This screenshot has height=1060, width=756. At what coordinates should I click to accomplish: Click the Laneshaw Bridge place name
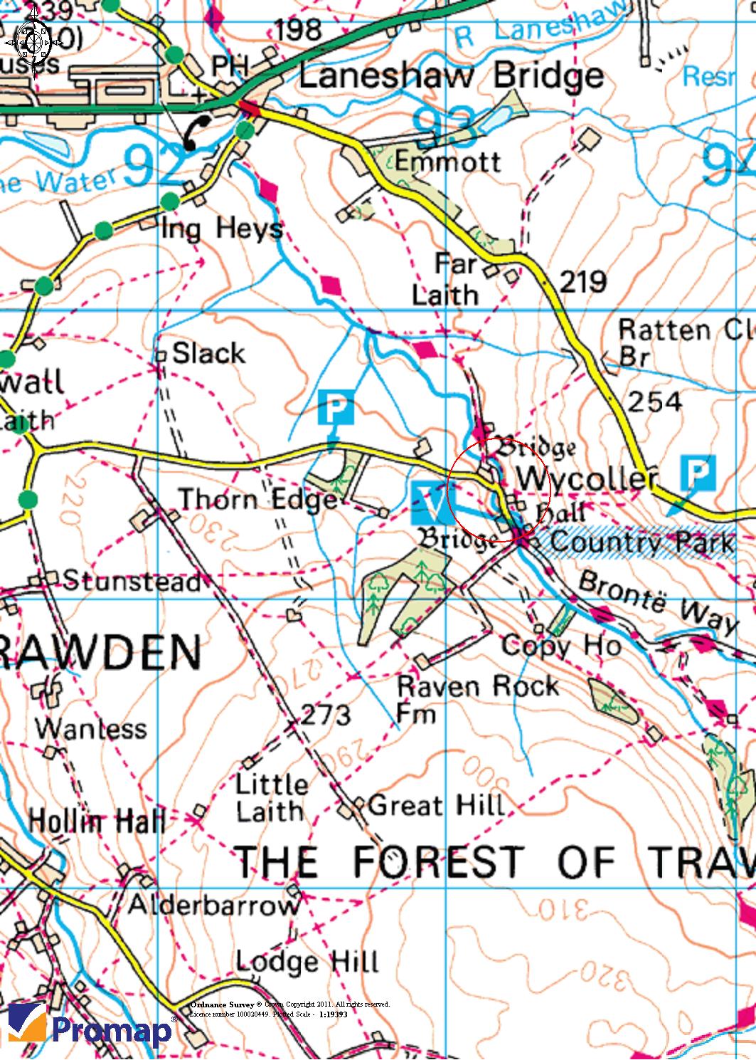pyautogui.click(x=451, y=76)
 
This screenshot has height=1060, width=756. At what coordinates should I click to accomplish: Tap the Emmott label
pyautogui.click(x=448, y=161)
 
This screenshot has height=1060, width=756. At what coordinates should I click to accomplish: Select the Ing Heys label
pyautogui.click(x=223, y=229)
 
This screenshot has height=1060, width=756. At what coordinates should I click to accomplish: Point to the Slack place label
pyautogui.click(x=208, y=352)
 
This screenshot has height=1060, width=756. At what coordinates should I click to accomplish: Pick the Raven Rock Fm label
pyautogui.click(x=477, y=698)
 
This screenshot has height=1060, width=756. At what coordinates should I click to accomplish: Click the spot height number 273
pyautogui.click(x=326, y=714)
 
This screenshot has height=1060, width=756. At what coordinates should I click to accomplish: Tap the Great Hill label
pyautogui.click(x=436, y=806)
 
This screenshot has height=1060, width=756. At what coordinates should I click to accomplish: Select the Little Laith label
pyautogui.click(x=271, y=797)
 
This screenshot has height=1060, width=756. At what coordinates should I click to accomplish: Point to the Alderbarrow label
pyautogui.click(x=213, y=906)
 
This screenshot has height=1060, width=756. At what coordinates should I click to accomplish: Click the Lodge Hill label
pyautogui.click(x=307, y=962)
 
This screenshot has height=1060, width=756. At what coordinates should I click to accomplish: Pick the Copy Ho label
pyautogui.click(x=561, y=646)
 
